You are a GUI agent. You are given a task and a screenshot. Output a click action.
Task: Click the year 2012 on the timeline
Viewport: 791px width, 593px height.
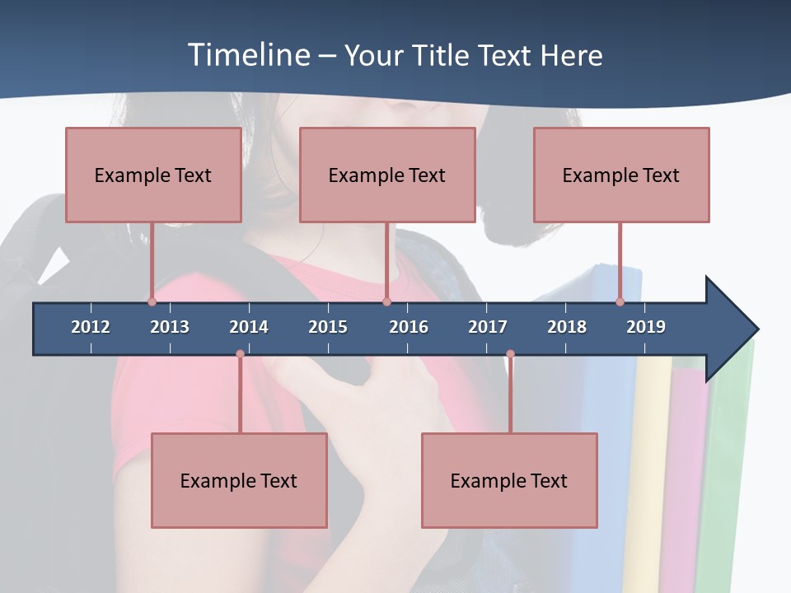pos(91,327)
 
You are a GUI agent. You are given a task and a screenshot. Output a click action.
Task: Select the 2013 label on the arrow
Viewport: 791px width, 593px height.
pos(170,327)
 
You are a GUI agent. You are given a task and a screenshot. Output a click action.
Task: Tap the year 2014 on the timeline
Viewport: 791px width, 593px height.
pos(249,327)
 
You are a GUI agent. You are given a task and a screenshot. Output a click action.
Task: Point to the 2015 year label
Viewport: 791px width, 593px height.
pos(328,327)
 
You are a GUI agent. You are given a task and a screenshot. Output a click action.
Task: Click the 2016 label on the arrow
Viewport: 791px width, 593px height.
pos(409,327)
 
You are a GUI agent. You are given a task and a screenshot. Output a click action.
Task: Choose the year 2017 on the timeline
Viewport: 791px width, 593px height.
pos(488,327)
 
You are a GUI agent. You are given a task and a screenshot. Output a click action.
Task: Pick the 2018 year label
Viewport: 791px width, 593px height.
pos(567,327)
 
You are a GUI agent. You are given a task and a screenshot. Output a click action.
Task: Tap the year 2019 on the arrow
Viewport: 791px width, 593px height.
pos(646,327)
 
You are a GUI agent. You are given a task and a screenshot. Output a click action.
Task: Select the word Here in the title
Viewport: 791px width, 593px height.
pos(571,55)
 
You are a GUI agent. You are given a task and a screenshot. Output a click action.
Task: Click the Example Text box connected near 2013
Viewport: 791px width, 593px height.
pos(153,175)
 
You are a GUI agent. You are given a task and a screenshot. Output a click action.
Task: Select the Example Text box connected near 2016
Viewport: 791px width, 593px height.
pos(387,175)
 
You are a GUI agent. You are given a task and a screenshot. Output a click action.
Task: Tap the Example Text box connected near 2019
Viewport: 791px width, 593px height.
pos(621,175)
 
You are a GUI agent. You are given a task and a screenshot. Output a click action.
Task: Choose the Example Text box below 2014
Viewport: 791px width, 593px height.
pos(239,480)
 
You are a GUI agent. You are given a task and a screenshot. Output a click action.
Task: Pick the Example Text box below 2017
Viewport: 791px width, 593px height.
pos(509,480)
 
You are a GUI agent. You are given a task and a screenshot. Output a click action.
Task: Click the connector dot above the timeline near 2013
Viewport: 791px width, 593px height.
pos(152,301)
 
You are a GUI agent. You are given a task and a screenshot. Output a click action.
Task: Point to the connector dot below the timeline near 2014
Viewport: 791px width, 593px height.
pos(240,354)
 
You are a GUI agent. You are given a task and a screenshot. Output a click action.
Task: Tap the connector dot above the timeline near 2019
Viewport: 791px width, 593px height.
pos(620,301)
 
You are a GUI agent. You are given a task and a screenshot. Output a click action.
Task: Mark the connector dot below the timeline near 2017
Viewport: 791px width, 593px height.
pos(510,354)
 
